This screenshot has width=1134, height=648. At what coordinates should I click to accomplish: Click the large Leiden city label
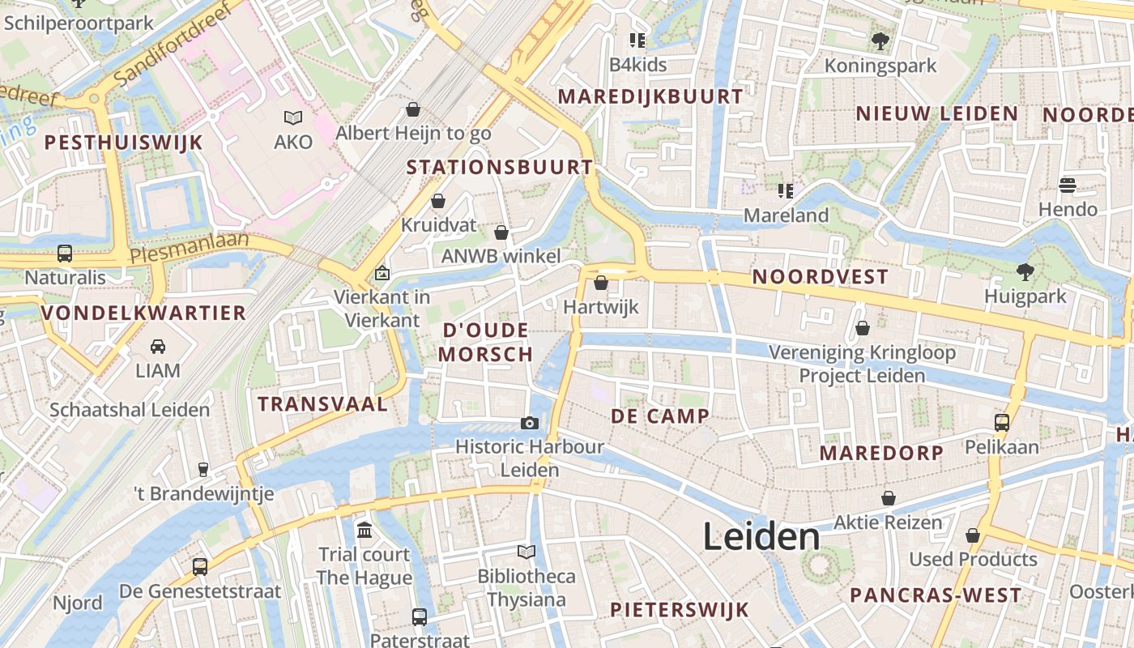761,537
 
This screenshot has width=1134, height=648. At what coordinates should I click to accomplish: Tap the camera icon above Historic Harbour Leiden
530,423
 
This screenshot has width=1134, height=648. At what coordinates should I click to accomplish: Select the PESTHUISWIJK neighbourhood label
123,143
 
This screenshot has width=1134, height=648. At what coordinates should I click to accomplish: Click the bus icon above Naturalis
65,254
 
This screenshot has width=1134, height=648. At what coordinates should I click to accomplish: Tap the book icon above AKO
292,118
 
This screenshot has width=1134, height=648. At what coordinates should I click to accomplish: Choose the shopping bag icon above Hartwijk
601,283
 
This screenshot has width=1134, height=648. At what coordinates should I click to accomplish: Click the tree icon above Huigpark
1025,271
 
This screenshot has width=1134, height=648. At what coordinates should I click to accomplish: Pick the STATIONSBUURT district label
500,168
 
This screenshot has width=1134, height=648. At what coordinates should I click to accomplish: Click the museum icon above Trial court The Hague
364,531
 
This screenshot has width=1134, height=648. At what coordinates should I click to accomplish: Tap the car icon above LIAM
158,347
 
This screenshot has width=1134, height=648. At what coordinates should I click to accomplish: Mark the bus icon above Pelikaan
1002,422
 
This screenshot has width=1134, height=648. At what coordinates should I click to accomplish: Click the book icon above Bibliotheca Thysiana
526,552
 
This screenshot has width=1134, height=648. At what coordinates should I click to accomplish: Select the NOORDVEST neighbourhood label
821,277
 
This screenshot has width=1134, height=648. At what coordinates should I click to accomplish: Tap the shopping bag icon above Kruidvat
438,201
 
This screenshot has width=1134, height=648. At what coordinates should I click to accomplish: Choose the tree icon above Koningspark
880,40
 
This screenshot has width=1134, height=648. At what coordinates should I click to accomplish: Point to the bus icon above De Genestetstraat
200,567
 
